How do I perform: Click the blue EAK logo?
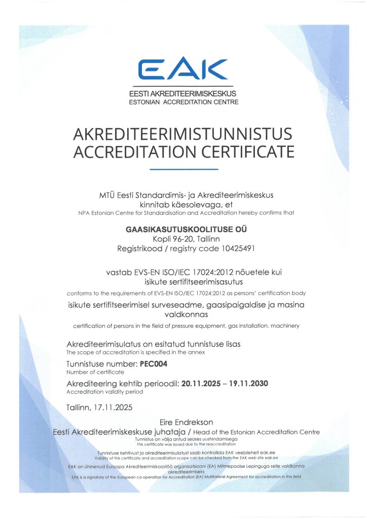pyautogui.click(x=183, y=69)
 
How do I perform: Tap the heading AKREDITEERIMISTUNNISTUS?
pyautogui.click(x=183, y=134)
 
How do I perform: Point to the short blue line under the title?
pyautogui.click(x=184, y=169)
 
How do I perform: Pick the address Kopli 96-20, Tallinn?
pyautogui.click(x=183, y=239)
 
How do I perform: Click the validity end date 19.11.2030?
pyautogui.click(x=248, y=383)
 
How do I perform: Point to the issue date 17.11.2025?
pyautogui.click(x=112, y=407)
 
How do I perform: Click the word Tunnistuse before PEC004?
pyautogui.click(x=87, y=364)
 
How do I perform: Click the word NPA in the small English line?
pyautogui.click(x=84, y=213)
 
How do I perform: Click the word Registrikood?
pyautogui.click(x=139, y=249)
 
